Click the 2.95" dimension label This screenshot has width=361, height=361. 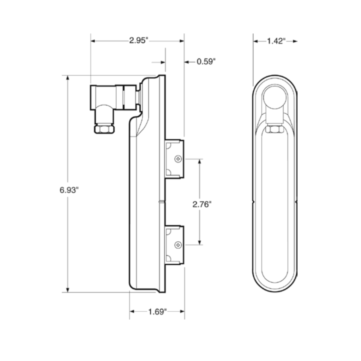tap(138, 41)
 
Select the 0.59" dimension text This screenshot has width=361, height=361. tap(206, 62)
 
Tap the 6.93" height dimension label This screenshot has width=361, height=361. tap(69, 190)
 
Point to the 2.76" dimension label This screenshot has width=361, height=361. tap(202, 204)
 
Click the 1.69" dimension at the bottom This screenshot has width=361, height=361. tap(157, 312)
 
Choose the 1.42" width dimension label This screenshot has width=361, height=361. tap(276, 41)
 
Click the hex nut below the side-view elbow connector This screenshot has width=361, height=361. tap(105, 129)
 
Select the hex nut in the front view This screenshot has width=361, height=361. tap(274, 129)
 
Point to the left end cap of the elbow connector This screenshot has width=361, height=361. tap(93, 98)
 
